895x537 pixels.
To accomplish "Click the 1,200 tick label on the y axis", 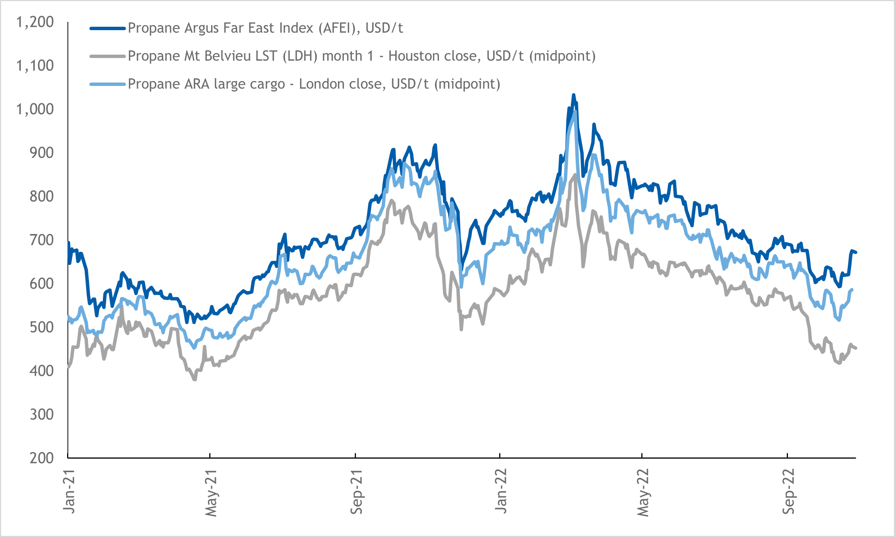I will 35,22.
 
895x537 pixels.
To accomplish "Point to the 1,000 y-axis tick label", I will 35,109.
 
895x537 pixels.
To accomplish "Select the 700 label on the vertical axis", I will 41,240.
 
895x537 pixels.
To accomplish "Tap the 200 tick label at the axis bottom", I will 41,458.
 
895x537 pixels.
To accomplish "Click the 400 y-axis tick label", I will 41,371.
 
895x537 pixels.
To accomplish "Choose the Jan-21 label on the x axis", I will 69,491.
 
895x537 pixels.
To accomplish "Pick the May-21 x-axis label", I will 211,493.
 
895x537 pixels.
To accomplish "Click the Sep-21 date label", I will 356,492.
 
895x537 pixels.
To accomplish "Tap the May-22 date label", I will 643,493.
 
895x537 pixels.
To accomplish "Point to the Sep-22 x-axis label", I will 788,491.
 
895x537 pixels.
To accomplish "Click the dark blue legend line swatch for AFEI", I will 107,28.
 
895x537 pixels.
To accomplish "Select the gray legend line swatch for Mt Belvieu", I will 107,57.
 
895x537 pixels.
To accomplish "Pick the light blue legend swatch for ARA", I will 107,84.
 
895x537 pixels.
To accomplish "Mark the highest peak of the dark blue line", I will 573,95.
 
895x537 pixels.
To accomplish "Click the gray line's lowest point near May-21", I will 195,379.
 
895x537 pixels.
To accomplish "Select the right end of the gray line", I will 856,348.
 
